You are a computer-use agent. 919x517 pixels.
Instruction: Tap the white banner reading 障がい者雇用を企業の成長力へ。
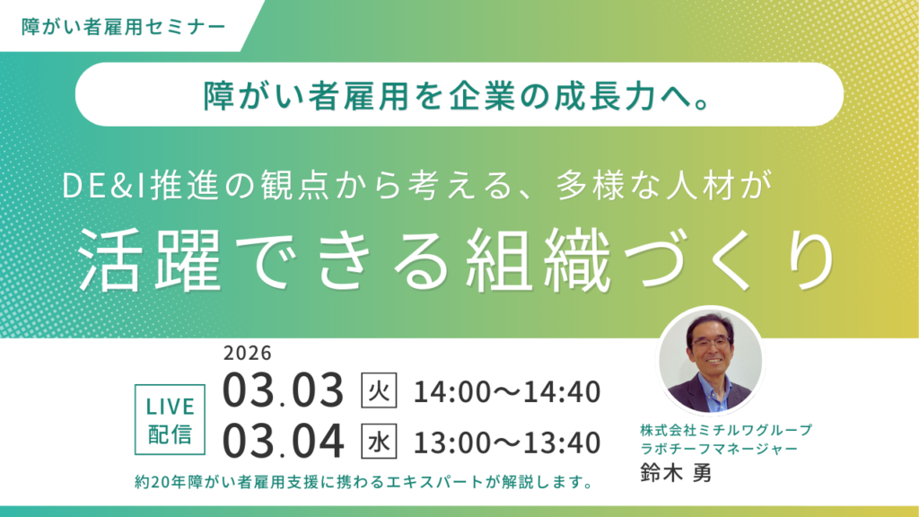click(x=459, y=94)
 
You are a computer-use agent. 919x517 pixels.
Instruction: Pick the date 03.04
click(x=283, y=442)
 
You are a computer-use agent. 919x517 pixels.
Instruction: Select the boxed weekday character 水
click(x=379, y=442)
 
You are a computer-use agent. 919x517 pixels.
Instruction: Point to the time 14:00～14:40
click(x=506, y=391)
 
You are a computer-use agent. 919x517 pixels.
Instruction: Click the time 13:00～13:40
click(x=506, y=442)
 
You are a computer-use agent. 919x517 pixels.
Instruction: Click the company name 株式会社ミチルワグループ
click(x=725, y=429)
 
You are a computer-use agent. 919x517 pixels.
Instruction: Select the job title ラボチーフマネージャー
click(x=719, y=447)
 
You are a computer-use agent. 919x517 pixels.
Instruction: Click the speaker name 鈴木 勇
click(x=675, y=473)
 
